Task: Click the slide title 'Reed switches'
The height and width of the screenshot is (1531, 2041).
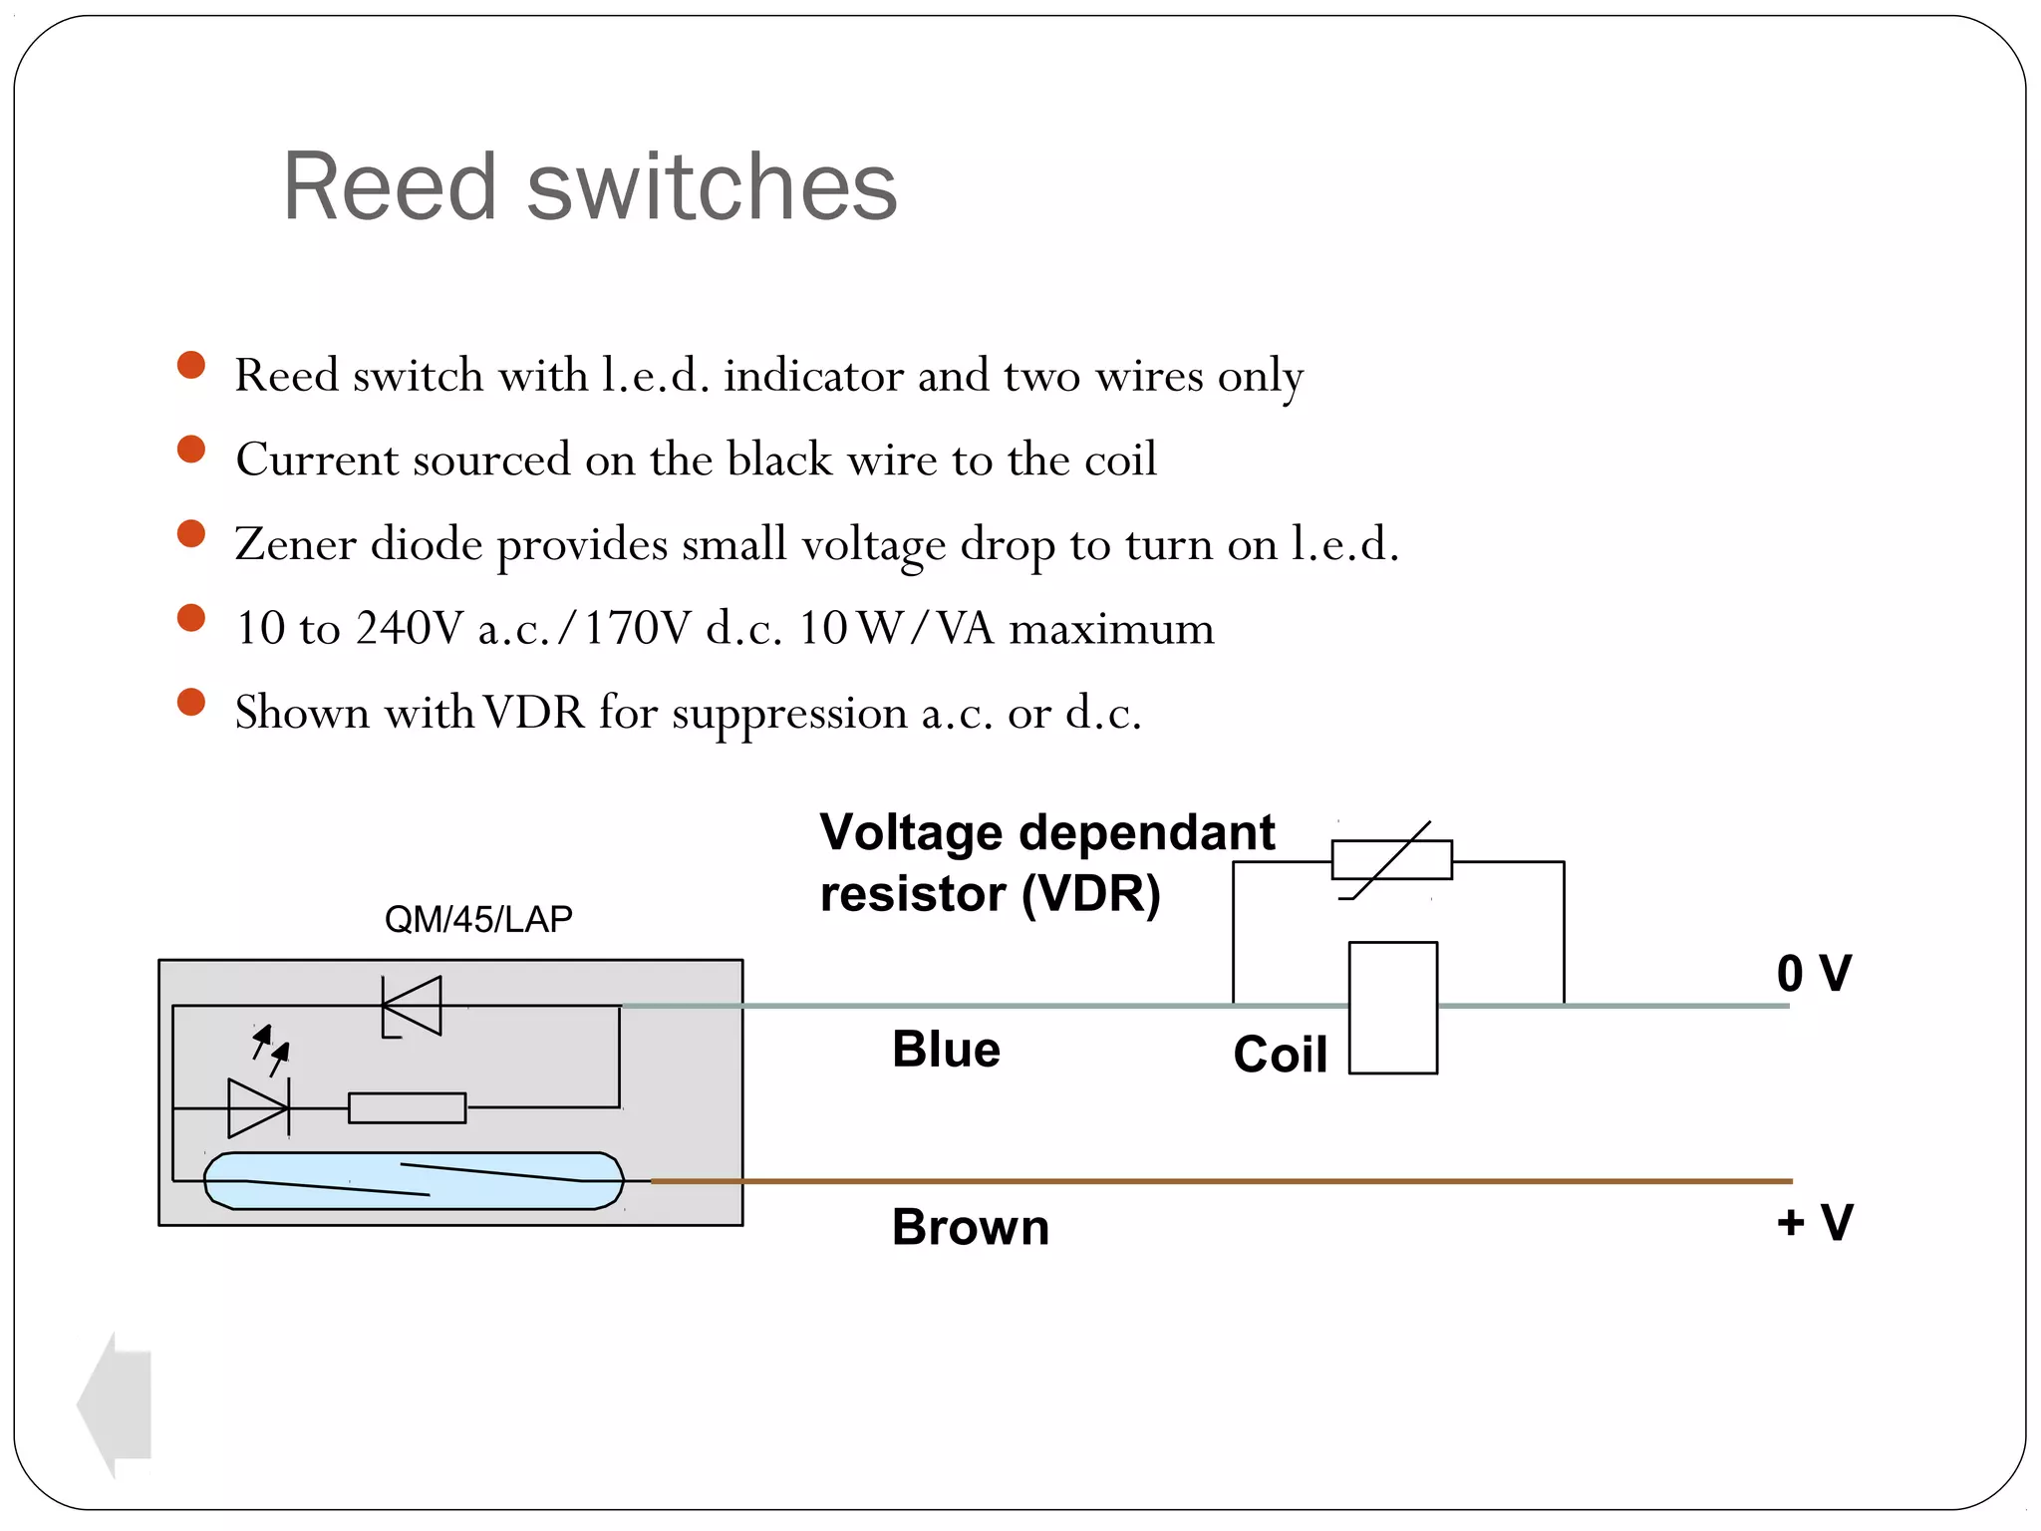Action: [x=590, y=186]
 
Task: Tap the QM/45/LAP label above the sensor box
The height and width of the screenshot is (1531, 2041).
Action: [x=478, y=918]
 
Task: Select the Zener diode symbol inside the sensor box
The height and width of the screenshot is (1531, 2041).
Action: [x=413, y=1006]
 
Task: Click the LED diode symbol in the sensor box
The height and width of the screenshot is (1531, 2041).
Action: [x=258, y=1107]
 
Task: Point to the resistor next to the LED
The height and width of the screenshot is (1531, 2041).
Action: [x=407, y=1107]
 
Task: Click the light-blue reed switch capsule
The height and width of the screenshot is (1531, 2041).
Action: [x=414, y=1181]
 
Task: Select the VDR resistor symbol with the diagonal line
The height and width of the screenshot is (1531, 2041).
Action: [x=1392, y=859]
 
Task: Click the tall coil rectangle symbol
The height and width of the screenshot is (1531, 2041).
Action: [x=1392, y=1007]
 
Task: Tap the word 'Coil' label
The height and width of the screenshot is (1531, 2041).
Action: [x=1280, y=1054]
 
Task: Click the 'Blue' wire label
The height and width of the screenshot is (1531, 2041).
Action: [x=946, y=1049]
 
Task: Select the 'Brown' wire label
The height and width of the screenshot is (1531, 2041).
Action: [x=970, y=1226]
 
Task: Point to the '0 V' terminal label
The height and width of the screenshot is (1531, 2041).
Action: [x=1813, y=973]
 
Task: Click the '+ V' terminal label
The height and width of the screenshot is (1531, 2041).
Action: [x=1814, y=1221]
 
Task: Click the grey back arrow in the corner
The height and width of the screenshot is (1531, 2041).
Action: [x=116, y=1404]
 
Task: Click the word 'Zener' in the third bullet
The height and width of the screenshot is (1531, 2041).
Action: [x=295, y=544]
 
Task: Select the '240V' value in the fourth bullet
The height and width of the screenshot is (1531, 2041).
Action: [x=409, y=628]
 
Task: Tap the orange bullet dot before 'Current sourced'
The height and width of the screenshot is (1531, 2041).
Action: [x=190, y=450]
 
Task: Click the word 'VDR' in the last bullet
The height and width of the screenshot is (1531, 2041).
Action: [x=534, y=713]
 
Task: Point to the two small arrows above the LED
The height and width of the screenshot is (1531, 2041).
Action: [x=270, y=1050]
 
